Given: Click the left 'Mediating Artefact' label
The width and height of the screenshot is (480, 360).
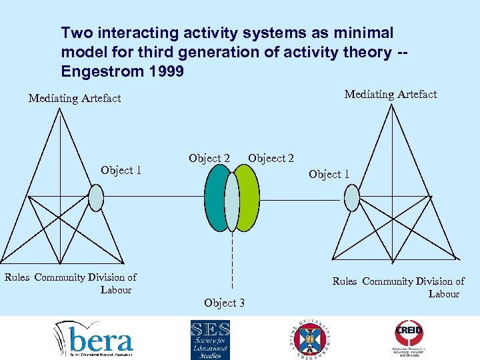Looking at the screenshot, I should tap(75, 99).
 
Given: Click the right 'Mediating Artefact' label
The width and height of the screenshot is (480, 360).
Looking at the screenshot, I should tap(390, 95).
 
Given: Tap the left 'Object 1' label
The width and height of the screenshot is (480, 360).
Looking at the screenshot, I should tap(121, 171).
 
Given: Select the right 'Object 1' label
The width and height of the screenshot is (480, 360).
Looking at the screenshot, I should tap(329, 174).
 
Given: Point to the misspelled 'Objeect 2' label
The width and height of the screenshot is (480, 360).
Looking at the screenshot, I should tap(271, 158).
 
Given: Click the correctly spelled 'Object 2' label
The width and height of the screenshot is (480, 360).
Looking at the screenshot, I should tap(209, 158).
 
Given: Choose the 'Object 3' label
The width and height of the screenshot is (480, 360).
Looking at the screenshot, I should tap(224, 303).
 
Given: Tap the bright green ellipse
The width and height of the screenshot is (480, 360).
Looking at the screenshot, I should tap(249, 198).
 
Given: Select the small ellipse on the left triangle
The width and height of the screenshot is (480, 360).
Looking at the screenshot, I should tap(97, 197).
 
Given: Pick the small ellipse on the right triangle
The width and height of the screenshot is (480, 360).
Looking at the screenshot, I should tap(351, 197).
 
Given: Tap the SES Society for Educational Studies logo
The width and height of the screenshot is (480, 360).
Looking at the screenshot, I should tap(210, 339).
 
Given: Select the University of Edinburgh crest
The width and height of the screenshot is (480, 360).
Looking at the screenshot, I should tap(309, 339).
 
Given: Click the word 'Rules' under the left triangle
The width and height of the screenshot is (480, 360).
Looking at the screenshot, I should tap(17, 277).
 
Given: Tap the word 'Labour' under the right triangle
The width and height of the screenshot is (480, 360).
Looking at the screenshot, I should tap(443, 293).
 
